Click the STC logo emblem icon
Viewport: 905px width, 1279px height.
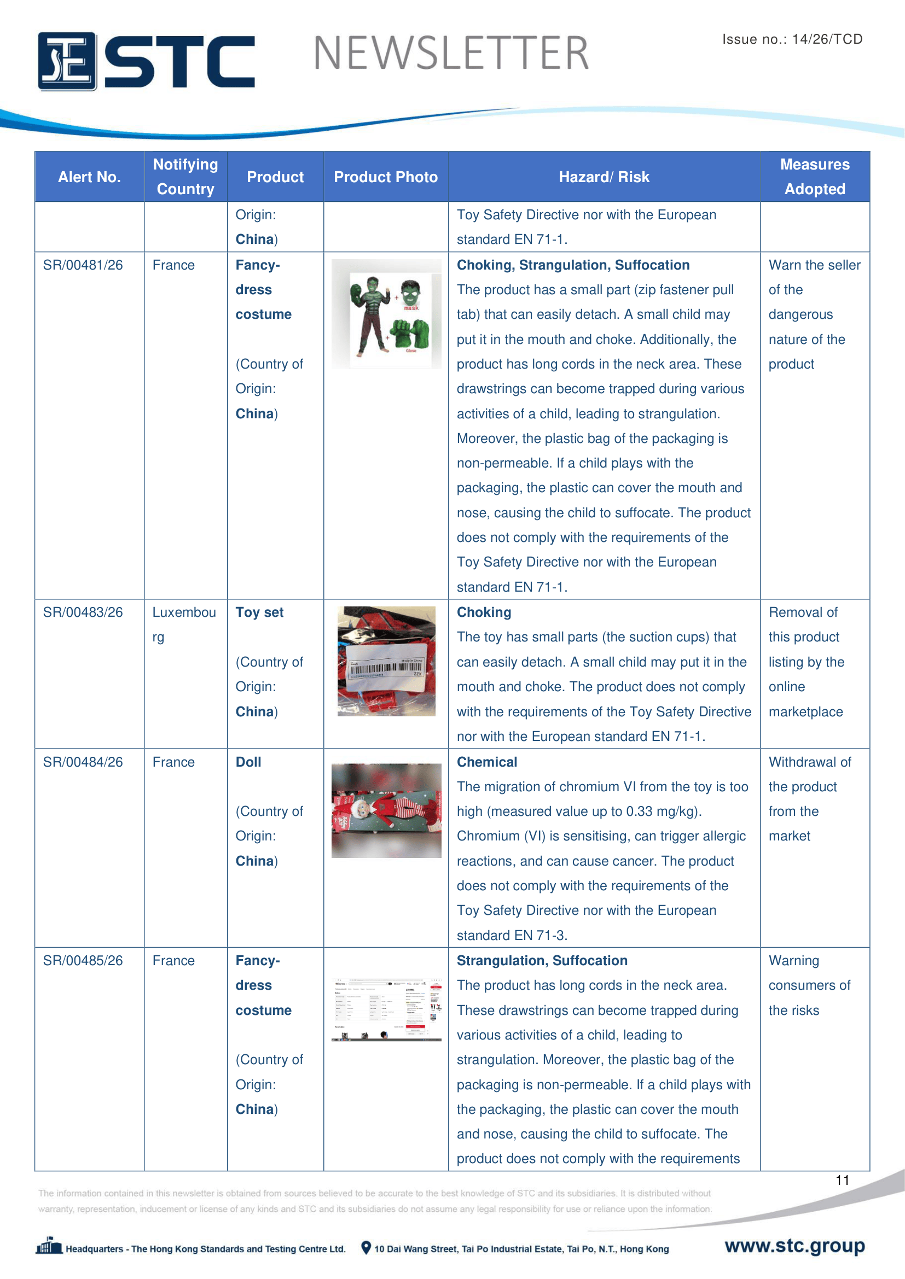(x=67, y=61)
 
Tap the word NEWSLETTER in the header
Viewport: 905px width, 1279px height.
(x=451, y=54)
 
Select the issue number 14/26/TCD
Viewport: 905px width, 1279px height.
(x=827, y=39)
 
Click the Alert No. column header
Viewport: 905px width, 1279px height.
(x=89, y=177)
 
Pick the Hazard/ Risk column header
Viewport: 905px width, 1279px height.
(x=604, y=177)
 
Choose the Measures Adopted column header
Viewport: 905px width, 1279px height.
(x=814, y=177)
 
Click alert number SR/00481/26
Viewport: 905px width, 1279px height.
(x=83, y=265)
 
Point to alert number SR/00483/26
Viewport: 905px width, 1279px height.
(x=83, y=612)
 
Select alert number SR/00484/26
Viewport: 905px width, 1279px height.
(x=83, y=762)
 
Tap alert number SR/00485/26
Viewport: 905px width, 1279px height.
(x=83, y=960)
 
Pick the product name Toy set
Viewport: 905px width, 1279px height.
(x=259, y=612)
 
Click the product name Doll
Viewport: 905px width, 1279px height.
(x=248, y=762)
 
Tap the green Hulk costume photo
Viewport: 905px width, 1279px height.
(x=386, y=314)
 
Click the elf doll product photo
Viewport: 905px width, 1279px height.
(x=386, y=810)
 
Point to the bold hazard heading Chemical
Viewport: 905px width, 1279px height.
(x=486, y=762)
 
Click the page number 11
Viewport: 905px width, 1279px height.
(x=842, y=1180)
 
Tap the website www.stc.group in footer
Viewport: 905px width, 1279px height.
(x=794, y=1246)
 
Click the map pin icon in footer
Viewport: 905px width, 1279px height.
(x=366, y=1248)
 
